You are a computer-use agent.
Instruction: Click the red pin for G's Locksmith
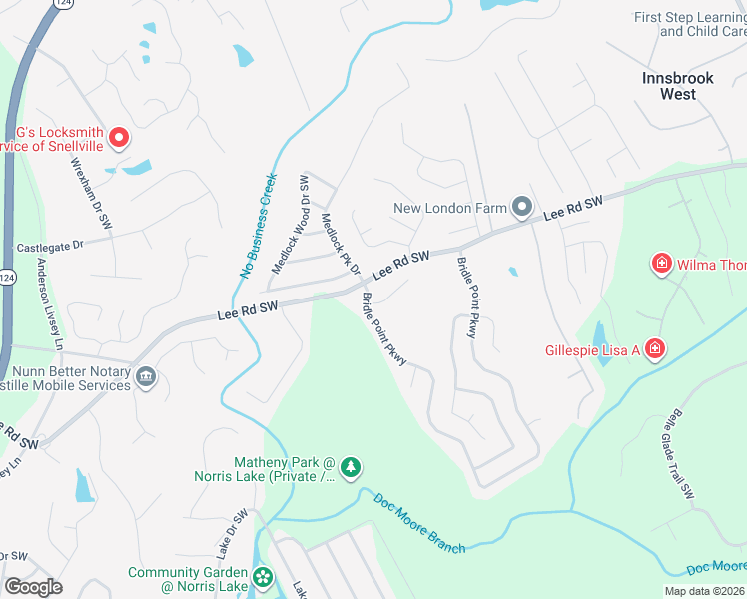pos(119,138)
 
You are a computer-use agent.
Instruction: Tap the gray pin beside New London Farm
pos(522,208)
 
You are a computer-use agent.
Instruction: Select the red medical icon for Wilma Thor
pos(661,265)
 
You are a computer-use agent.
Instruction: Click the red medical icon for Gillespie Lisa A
pos(654,349)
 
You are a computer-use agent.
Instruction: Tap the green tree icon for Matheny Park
pos(350,467)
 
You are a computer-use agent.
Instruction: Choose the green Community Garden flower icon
pos(263,577)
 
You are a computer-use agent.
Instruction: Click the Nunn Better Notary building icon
pos(146,377)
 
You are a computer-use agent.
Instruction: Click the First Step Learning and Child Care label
pos(690,25)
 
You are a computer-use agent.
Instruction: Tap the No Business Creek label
pos(258,225)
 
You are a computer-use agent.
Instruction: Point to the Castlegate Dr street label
pos(48,244)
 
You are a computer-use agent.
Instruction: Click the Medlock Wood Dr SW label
pos(291,225)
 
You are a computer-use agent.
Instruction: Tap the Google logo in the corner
pos(33,586)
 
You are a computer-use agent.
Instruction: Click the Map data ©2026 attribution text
pos(704,591)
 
